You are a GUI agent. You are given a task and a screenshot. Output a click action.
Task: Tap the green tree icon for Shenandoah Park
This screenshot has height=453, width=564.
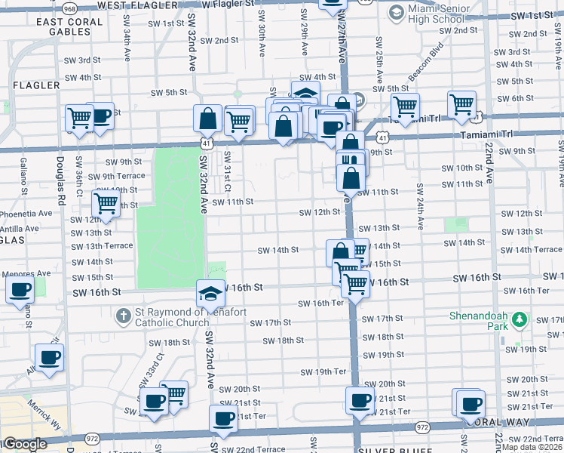click(x=518, y=320)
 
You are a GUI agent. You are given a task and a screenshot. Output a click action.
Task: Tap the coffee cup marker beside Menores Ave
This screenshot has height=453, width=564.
click(x=20, y=290)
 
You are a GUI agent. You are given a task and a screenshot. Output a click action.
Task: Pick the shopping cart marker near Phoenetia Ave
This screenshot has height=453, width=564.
click(x=106, y=203)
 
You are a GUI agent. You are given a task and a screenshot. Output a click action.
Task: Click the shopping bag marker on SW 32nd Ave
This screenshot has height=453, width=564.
click(x=207, y=119)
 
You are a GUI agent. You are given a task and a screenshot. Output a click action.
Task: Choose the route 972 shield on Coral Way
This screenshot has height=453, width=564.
click(x=93, y=437)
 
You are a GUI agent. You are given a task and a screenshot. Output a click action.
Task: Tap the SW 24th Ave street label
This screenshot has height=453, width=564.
click(x=419, y=208)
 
